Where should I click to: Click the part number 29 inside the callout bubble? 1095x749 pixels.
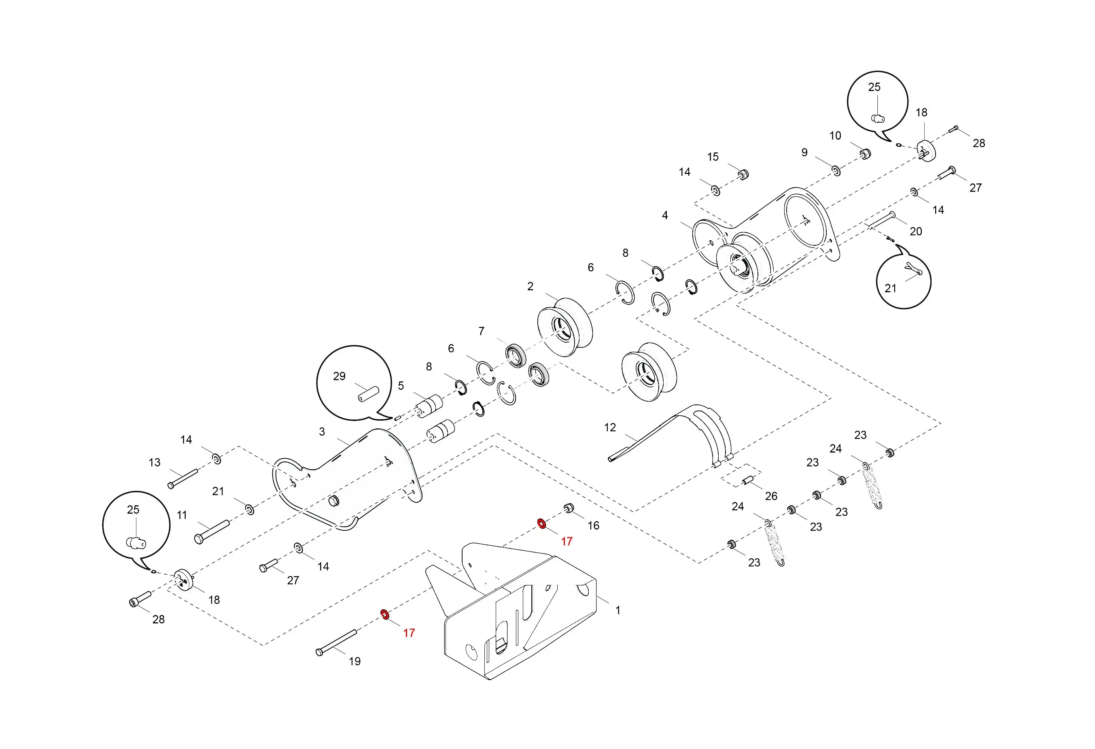[339, 376]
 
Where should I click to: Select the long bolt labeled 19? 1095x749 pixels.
[336, 643]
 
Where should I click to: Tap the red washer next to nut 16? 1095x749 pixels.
[542, 523]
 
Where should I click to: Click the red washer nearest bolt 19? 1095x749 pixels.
[385, 614]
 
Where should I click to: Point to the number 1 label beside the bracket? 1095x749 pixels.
[618, 610]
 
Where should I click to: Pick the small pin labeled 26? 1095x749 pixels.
[747, 481]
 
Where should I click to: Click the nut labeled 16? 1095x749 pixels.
[569, 508]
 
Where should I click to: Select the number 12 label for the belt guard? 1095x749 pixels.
[610, 428]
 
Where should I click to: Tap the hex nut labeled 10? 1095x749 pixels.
[865, 154]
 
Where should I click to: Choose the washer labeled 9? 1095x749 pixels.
[836, 170]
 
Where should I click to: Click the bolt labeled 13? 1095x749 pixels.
[183, 479]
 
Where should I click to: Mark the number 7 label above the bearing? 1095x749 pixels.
[481, 331]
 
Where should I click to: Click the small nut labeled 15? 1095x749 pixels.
[743, 174]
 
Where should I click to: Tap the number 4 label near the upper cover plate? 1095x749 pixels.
[665, 215]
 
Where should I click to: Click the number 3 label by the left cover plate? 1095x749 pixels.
[322, 432]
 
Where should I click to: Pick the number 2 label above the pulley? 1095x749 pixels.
[530, 287]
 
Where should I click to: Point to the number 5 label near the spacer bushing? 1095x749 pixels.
[401, 385]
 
